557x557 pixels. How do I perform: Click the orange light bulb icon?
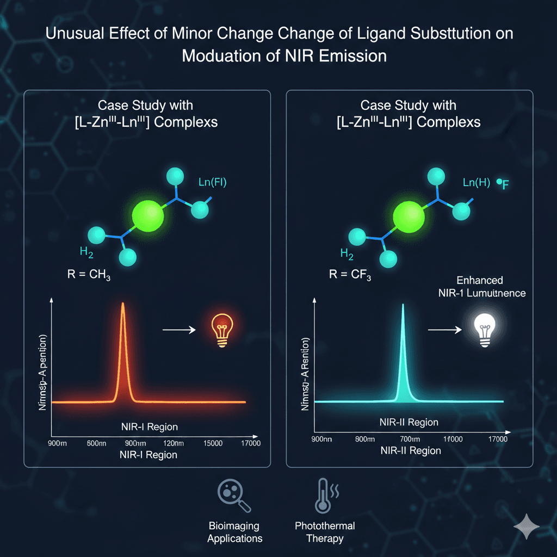[x=222, y=329]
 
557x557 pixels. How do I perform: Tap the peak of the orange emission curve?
[x=123, y=304]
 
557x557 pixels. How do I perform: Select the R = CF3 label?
[x=350, y=274]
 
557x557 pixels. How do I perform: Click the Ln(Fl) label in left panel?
[x=213, y=182]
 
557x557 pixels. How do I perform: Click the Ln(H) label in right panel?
[x=476, y=182]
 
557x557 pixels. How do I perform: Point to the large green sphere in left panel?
[x=147, y=215]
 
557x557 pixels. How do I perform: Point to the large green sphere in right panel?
[x=408, y=216]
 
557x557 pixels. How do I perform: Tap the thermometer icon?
[x=325, y=496]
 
